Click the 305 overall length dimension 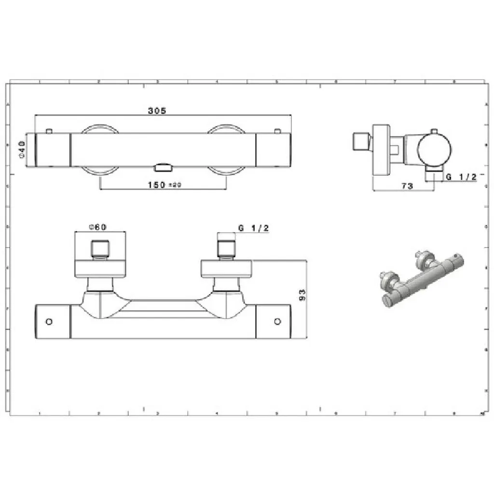click(157, 110)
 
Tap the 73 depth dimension click(407, 186)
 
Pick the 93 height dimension click(302, 295)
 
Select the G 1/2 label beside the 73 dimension click(461, 177)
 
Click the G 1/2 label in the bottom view click(253, 229)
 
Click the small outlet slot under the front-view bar click(163, 167)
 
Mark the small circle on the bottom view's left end click(49, 321)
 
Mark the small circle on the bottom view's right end click(277, 321)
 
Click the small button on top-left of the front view click(49, 131)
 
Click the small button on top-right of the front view click(277, 131)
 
